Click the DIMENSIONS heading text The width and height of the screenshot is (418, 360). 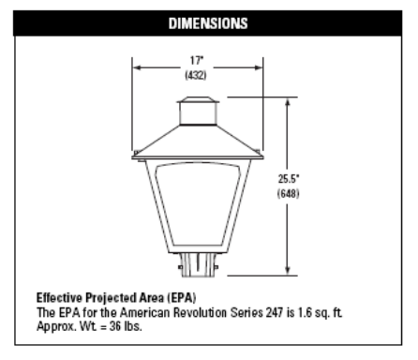[x=208, y=23]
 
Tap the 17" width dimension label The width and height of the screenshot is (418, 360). [x=197, y=60]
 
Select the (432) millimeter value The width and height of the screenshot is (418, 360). [x=196, y=75]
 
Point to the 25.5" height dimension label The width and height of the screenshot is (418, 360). [x=289, y=179]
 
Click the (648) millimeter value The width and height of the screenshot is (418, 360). [x=288, y=193]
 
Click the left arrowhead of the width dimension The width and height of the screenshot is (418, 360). [x=137, y=67]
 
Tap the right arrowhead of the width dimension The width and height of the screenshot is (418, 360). [x=259, y=67]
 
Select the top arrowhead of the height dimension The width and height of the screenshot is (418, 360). [x=288, y=101]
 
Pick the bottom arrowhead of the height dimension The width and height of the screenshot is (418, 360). [x=288, y=271]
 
